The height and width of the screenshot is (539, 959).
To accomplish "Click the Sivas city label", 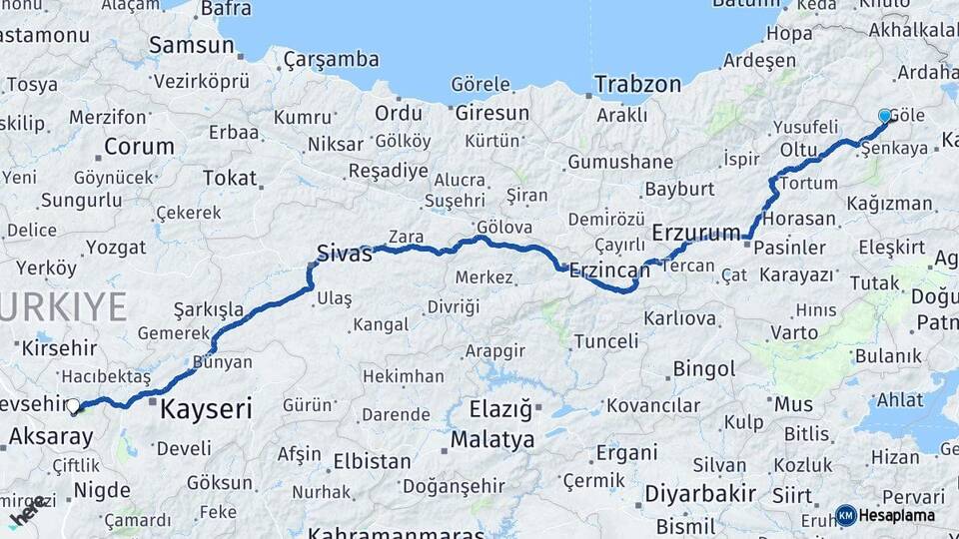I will pyautogui.click(x=344, y=254).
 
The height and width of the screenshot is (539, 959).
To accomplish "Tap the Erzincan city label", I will pyautogui.click(x=610, y=269).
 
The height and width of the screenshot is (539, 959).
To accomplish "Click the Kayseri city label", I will pyautogui.click(x=206, y=408).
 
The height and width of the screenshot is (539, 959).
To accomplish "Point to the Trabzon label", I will pyautogui.click(x=637, y=85).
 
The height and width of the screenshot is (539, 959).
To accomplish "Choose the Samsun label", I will pyautogui.click(x=191, y=45).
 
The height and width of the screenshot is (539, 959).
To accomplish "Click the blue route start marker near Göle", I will pyautogui.click(x=884, y=116).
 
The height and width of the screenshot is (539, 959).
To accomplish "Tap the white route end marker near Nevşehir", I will pyautogui.click(x=73, y=405).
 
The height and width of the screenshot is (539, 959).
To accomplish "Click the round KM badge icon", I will pyautogui.click(x=845, y=516).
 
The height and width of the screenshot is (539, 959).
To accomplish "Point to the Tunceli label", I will pyautogui.click(x=605, y=341).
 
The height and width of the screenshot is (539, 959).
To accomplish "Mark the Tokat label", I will pyautogui.click(x=229, y=178).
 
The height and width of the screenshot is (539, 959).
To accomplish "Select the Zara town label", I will pyautogui.click(x=406, y=237).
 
